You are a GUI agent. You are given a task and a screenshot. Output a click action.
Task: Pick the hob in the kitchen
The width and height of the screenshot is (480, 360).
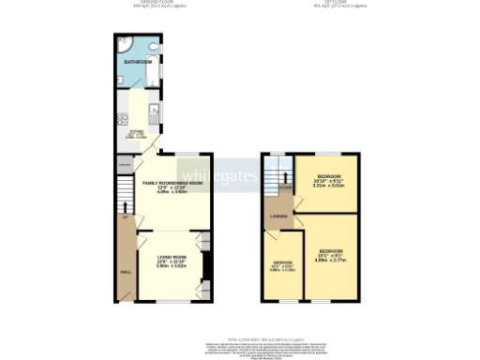coord(122,119)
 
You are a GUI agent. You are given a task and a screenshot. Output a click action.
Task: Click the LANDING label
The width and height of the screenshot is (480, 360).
coord(278,217)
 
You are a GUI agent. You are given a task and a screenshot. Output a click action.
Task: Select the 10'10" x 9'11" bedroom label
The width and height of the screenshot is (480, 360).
coord(327,177)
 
